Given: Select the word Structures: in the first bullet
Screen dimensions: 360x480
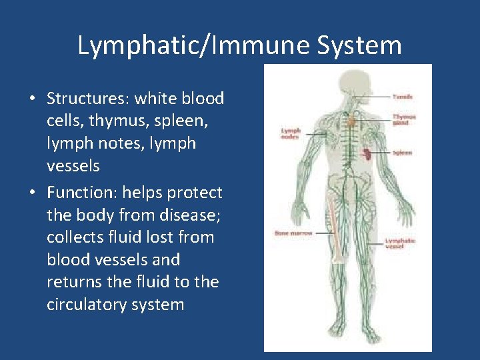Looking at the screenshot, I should pyautogui.click(x=88, y=99).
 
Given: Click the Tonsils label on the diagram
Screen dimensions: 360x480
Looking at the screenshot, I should pyautogui.click(x=402, y=97).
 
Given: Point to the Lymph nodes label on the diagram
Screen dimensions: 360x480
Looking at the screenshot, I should pyautogui.click(x=291, y=134).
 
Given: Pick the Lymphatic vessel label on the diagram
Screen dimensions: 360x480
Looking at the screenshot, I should pyautogui.click(x=400, y=243).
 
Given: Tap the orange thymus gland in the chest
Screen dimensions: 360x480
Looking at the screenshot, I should pyautogui.click(x=351, y=121).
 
